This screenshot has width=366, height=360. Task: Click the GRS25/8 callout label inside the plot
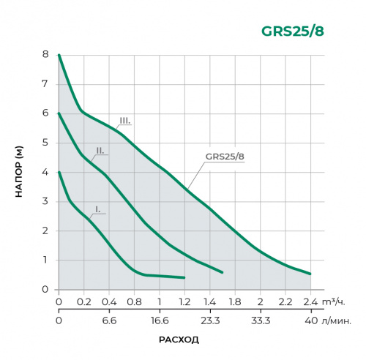pos(225,156)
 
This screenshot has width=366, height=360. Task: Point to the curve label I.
pos(97,209)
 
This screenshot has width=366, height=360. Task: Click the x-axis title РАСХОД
pos(179,340)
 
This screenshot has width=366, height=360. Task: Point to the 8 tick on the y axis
pos(45,55)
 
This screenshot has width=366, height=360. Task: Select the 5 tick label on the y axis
pos(45,143)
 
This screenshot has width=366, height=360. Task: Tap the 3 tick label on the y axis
pos(45,201)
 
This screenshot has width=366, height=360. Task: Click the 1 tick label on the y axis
pos(45,260)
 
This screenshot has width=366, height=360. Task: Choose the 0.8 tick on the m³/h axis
pos(134,301)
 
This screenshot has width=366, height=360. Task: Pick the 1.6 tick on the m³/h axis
pos(235,301)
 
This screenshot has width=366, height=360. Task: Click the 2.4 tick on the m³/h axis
pos(310,301)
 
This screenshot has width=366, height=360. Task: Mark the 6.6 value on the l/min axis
pos(109,320)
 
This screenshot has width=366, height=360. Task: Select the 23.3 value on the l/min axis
pos(209,320)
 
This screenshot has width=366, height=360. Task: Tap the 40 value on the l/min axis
pos(310,320)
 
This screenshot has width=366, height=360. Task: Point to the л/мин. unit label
pos(337,320)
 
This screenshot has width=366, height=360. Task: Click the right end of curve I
pos(184,278)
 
